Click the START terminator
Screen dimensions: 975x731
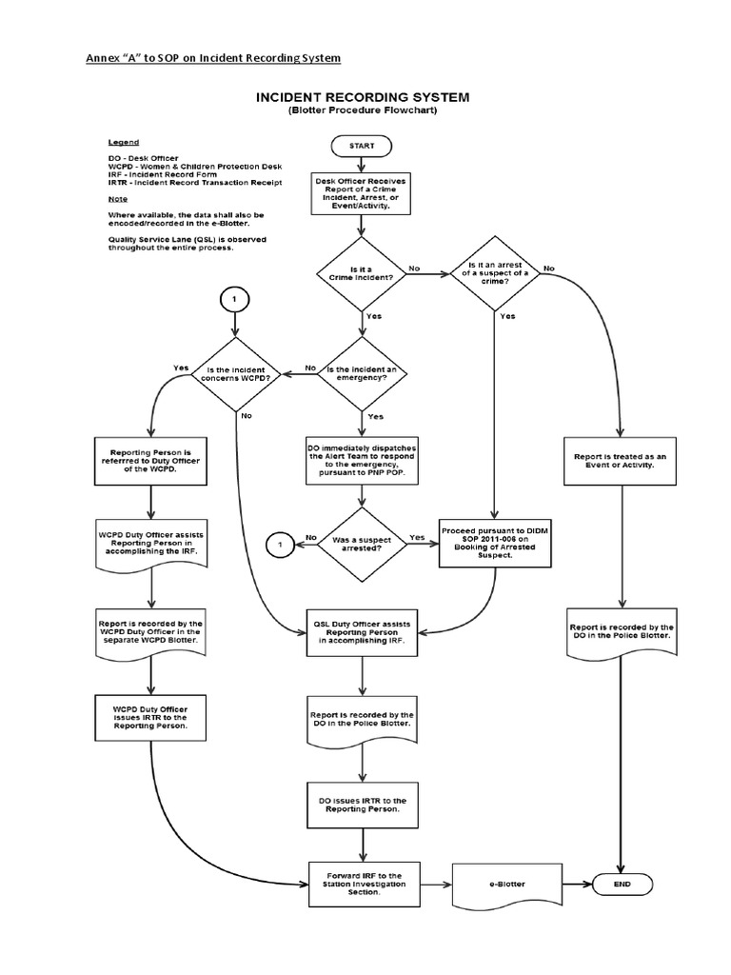[361, 146]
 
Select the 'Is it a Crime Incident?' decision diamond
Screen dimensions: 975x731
[361, 269]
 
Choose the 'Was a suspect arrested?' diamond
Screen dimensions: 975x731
[361, 544]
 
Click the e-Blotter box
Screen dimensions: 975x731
[508, 884]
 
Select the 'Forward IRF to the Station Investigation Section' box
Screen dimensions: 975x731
[363, 883]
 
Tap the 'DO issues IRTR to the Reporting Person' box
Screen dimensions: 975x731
[363, 805]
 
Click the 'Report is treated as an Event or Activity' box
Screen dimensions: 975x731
[620, 461]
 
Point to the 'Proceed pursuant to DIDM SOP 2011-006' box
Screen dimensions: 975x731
[495, 543]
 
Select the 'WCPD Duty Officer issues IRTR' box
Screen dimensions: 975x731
[150, 717]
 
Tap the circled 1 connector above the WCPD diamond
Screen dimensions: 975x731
[235, 299]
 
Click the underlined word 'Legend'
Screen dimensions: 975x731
[124, 141]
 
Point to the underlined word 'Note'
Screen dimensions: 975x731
[119, 201]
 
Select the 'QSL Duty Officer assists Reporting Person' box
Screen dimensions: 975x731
[363, 631]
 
